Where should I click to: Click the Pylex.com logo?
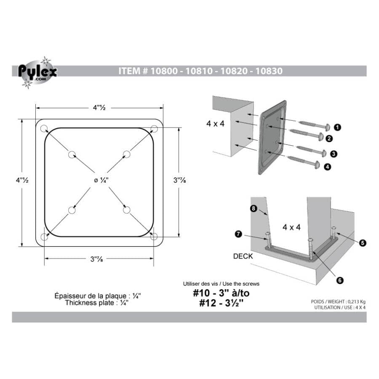coord(37,72)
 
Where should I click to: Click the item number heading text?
coord(200,71)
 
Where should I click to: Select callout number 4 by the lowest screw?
coord(327,167)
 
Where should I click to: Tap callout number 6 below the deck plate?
coord(339,279)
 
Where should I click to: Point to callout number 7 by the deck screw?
coord(238,235)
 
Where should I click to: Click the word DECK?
coord(243,256)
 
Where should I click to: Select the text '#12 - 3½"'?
coord(222,303)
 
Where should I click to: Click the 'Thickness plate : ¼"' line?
coord(96,302)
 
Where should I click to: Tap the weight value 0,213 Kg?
coord(352,302)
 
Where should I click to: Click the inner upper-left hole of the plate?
coord(72,154)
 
